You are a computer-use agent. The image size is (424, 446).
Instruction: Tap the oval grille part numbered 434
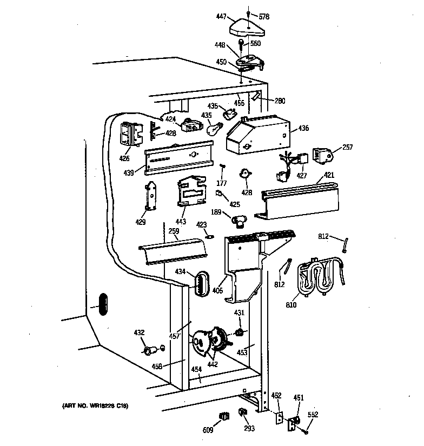click(201, 282)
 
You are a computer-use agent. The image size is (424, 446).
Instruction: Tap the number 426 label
click(124, 159)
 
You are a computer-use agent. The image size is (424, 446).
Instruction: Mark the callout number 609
click(208, 430)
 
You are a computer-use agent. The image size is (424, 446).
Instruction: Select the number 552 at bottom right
click(313, 415)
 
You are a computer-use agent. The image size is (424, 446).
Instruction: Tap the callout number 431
click(239, 313)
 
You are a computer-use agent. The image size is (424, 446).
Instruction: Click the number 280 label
click(279, 101)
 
